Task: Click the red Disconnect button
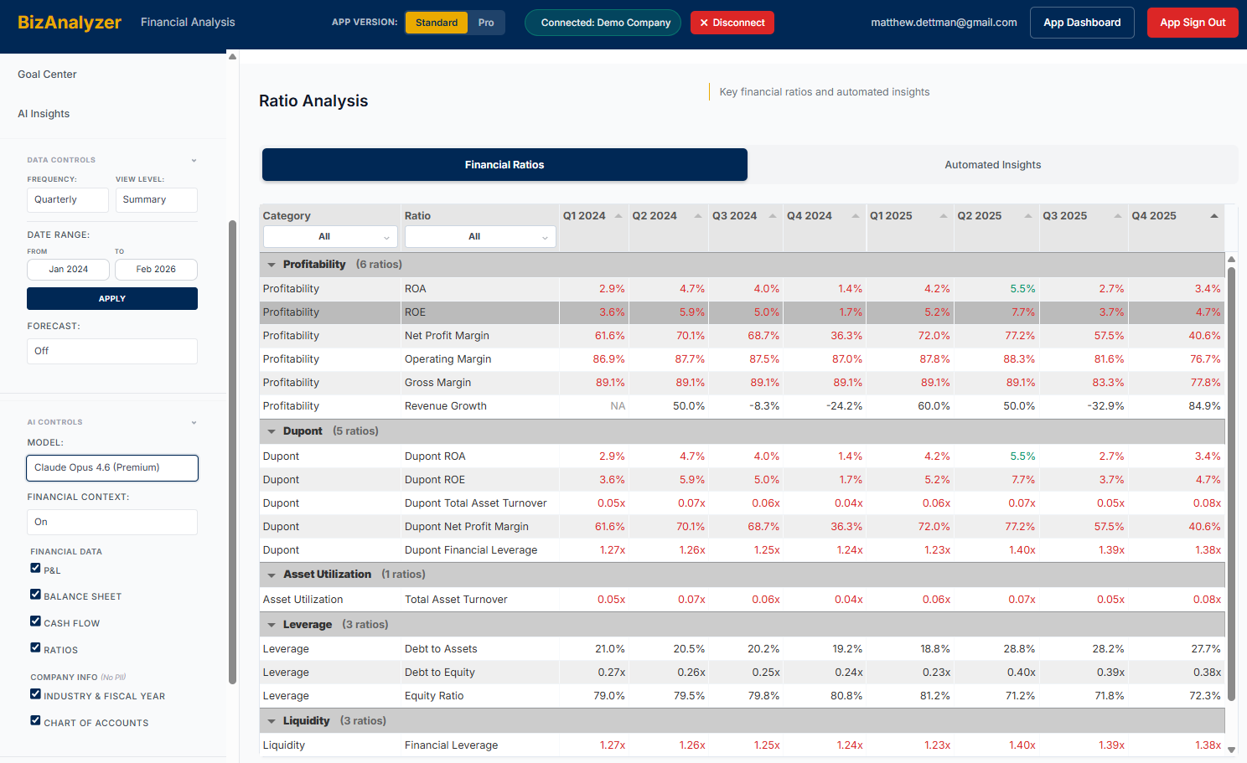point(732,23)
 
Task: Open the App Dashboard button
point(1081,23)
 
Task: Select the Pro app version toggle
point(486,23)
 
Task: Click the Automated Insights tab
point(992,165)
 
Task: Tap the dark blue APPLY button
point(112,299)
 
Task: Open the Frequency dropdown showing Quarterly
point(67,200)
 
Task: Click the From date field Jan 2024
point(68,270)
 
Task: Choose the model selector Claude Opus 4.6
point(112,468)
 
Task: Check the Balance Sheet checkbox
point(35,595)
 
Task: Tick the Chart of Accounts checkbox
point(35,720)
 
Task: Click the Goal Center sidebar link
point(47,75)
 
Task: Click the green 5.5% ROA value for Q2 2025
point(1022,289)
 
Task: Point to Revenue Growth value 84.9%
point(1204,406)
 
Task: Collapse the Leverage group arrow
point(272,625)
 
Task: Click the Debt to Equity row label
point(439,673)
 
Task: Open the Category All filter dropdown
point(330,237)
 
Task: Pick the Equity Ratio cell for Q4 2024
point(846,696)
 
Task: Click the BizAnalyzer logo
point(70,23)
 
